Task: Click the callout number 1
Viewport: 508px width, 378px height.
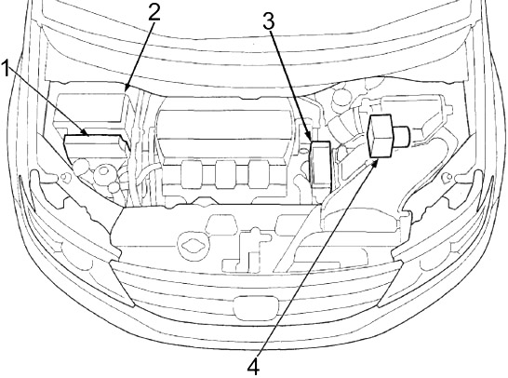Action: pyautogui.click(x=5, y=68)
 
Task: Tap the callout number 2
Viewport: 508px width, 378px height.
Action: pyautogui.click(x=154, y=13)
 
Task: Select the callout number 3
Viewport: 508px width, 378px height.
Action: pyautogui.click(x=269, y=20)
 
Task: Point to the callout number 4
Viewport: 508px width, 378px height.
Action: pyautogui.click(x=254, y=367)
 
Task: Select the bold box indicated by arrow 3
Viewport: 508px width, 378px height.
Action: pyautogui.click(x=321, y=165)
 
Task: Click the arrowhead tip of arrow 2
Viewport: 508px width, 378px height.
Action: pyautogui.click(x=125, y=91)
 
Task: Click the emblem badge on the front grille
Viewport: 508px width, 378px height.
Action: pyautogui.click(x=256, y=307)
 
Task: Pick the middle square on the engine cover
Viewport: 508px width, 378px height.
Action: pyautogui.click(x=226, y=174)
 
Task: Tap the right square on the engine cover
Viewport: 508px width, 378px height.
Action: pyautogui.click(x=259, y=174)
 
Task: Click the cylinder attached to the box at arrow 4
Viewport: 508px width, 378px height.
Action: pyautogui.click(x=402, y=135)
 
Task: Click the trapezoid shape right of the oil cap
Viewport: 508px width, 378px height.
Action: pyautogui.click(x=221, y=223)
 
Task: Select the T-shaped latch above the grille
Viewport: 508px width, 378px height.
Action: pyautogui.click(x=247, y=249)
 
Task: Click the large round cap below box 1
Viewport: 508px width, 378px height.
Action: pyautogui.click(x=103, y=172)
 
